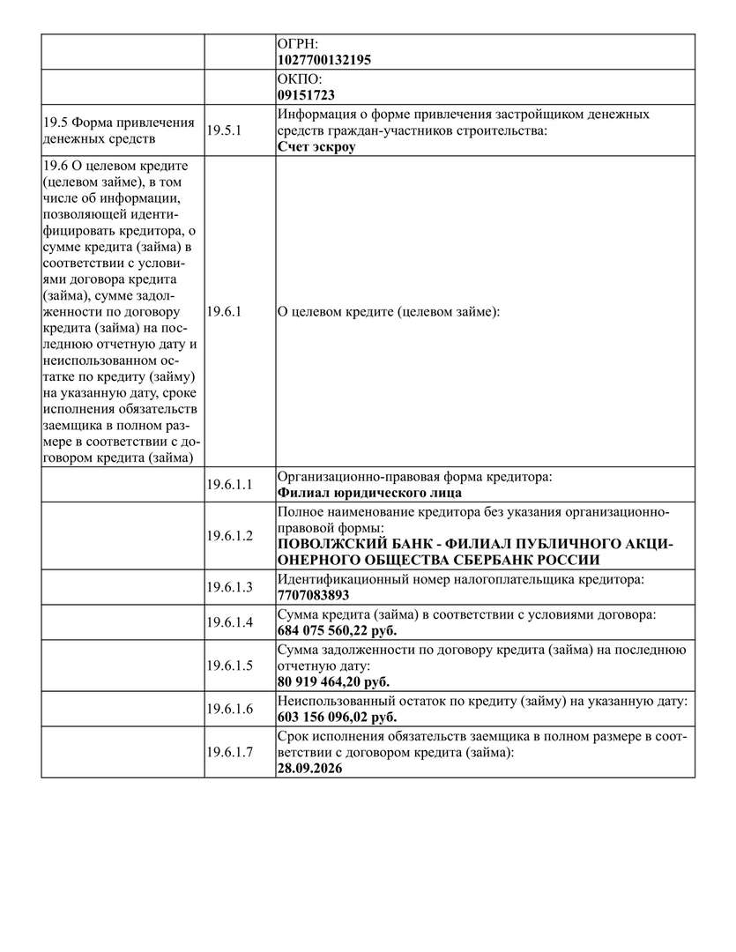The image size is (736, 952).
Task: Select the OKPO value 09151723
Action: pos(306,94)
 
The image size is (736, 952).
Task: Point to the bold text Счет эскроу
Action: pos(316,147)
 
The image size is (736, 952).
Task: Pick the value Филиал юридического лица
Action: pos(369,493)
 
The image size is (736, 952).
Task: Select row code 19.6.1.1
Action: pos(229,485)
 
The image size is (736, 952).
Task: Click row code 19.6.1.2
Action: pos(229,535)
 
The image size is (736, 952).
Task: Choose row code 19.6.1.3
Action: pos(229,587)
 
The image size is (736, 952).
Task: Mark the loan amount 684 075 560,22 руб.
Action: pos(337,630)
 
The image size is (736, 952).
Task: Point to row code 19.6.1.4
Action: pos(229,622)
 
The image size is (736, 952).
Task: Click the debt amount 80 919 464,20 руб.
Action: pos(333,681)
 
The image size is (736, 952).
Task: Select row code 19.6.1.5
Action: pos(229,666)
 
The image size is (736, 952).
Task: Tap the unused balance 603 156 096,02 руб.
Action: pos(337,717)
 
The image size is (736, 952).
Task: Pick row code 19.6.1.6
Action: pos(229,709)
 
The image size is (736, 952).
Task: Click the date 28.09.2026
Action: pos(309,768)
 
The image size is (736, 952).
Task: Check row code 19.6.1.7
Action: pos(229,752)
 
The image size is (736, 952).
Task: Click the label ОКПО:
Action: pos(299,78)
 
